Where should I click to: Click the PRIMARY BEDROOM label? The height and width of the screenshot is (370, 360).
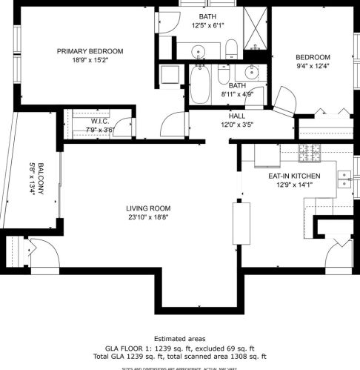[90, 51]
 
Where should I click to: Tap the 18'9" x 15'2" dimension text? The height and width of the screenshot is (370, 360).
[90, 61]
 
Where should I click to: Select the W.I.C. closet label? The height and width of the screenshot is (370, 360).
[100, 121]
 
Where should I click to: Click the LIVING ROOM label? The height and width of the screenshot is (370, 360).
[148, 208]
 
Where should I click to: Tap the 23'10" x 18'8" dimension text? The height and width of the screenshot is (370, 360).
[148, 217]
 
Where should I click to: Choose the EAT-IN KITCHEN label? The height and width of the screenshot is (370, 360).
[294, 176]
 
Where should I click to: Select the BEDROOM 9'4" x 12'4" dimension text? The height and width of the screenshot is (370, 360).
[313, 67]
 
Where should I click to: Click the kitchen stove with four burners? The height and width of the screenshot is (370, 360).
[310, 153]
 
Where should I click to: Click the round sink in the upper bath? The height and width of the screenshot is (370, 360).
[199, 52]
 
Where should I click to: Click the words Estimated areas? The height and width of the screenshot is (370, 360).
[179, 338]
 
